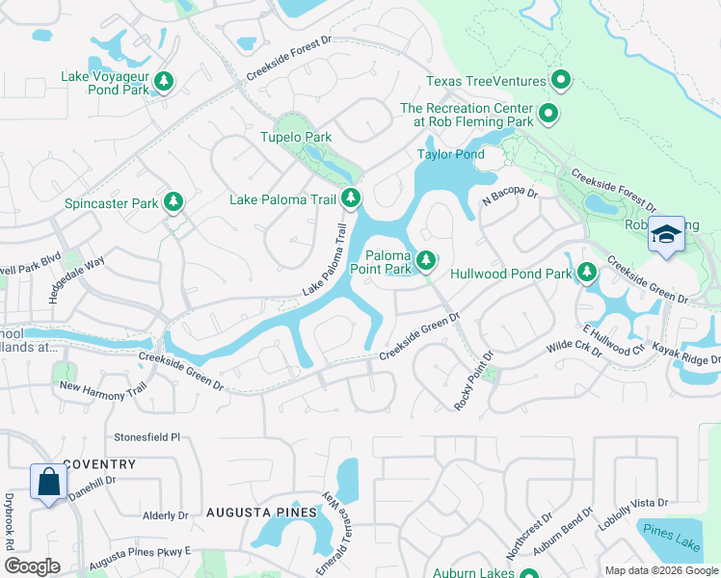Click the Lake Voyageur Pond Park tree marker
click(x=165, y=81)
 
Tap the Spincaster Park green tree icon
click(x=174, y=202)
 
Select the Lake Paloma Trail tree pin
click(x=352, y=199)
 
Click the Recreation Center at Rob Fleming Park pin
click(x=548, y=115)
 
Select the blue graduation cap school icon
click(x=666, y=234)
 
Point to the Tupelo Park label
click(x=296, y=138)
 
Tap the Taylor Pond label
click(x=450, y=154)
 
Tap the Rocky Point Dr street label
click(x=474, y=380)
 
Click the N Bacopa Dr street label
click(x=509, y=197)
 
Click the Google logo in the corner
click(x=33, y=566)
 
